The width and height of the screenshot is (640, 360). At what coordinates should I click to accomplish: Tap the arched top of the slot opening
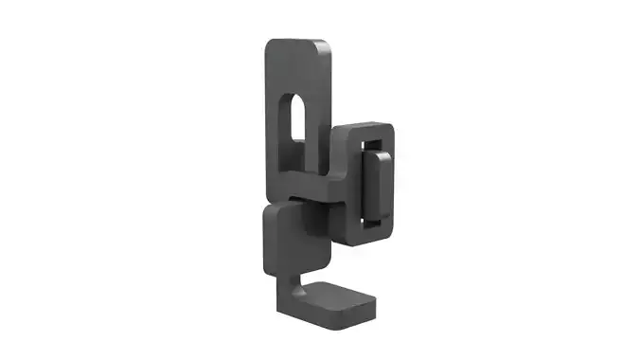(296, 98)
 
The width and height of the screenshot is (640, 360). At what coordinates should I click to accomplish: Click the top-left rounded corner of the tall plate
(270, 45)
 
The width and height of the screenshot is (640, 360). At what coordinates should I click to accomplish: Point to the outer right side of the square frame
(393, 185)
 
